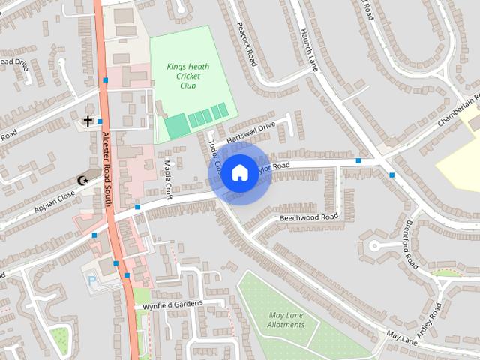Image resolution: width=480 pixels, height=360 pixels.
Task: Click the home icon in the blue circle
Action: tap(239, 173)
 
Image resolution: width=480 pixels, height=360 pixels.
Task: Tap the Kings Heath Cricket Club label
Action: tap(187, 76)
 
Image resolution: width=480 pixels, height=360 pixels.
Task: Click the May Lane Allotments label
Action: tap(286, 319)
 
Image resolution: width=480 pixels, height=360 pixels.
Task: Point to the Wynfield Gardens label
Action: tap(169, 304)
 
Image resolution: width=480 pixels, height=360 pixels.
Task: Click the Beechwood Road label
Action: tap(309, 217)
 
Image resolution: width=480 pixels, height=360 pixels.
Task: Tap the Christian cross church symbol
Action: tap(88, 120)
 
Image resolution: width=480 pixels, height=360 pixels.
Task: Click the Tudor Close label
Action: tap(215, 156)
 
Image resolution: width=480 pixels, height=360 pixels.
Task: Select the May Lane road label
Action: tap(401, 340)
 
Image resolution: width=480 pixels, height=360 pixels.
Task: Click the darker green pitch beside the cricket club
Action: tap(176, 126)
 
